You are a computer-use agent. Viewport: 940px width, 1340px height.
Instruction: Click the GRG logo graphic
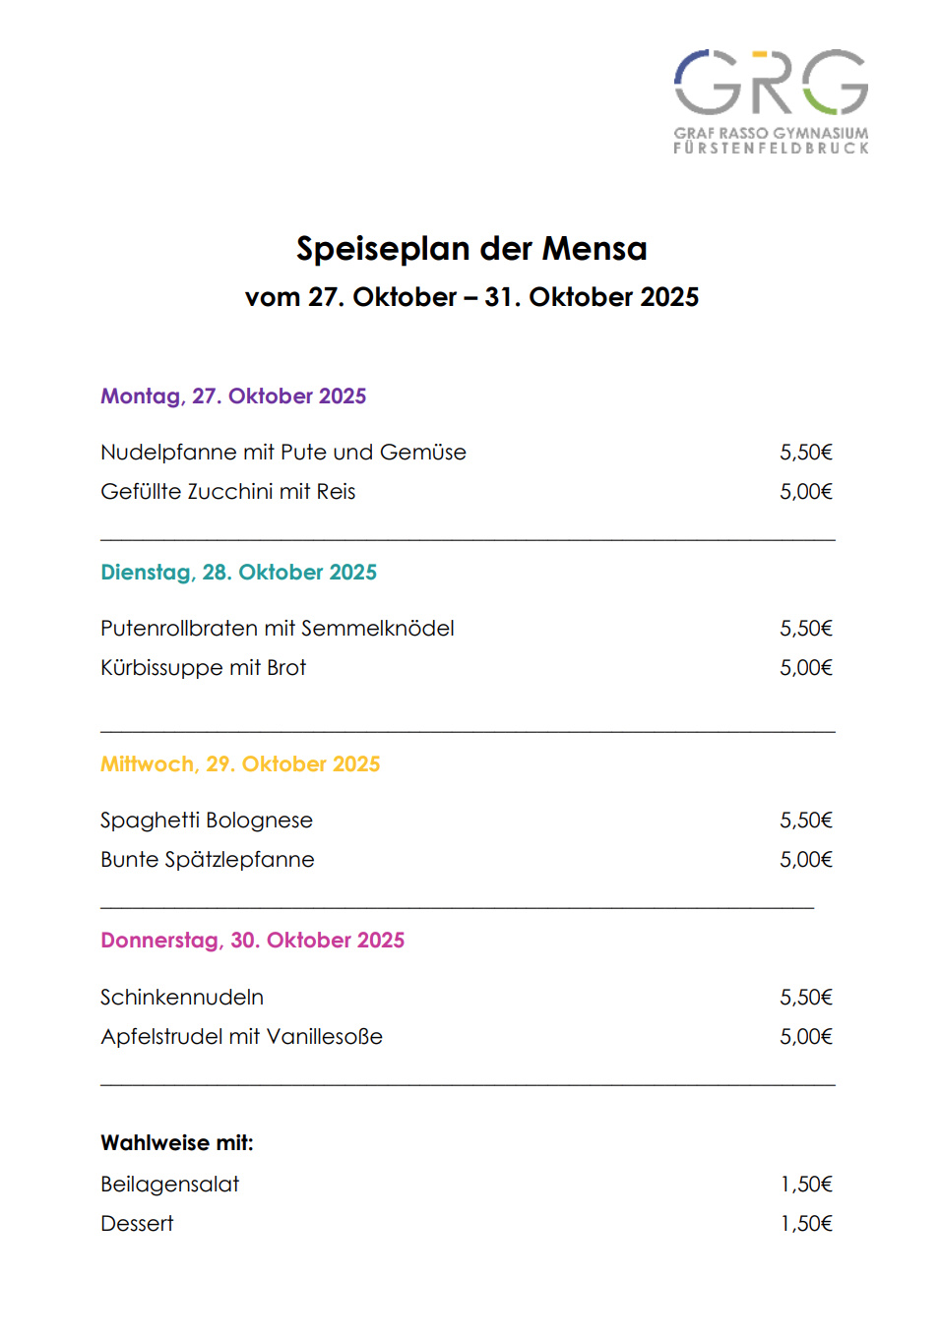771,83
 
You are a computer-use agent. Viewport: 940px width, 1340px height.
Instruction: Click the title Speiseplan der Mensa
471,249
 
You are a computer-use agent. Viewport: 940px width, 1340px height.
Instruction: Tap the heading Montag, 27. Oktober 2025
233,396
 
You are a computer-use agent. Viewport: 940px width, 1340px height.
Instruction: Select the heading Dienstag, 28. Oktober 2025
238,573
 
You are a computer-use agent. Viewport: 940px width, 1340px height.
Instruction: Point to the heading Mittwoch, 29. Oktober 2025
240,764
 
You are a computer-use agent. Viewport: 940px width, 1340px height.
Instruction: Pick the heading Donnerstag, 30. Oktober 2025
252,941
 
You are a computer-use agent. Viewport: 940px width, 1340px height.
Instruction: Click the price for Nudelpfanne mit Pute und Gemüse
805,453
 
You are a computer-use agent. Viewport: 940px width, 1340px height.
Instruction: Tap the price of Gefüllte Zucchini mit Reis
805,492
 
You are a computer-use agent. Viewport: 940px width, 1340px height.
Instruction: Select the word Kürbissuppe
161,668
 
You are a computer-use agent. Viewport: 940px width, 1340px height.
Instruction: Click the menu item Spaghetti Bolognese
207,821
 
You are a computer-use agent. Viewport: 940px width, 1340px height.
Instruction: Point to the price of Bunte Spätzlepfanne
805,860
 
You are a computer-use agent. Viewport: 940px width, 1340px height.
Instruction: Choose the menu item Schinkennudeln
182,998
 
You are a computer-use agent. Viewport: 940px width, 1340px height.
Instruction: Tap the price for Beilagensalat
805,1185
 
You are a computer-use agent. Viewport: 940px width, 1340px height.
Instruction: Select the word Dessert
137,1224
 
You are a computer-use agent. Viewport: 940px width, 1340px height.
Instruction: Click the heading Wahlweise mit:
177,1143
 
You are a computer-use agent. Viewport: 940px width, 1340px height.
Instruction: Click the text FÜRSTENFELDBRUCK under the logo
771,149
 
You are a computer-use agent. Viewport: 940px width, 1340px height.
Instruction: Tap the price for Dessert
805,1224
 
